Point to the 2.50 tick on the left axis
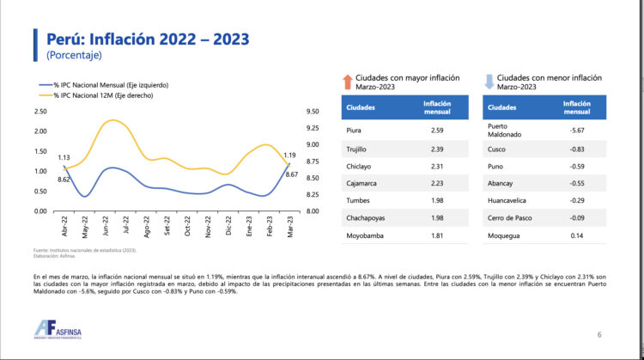(x=41, y=112)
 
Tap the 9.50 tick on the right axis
(x=312, y=112)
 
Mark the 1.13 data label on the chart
(x=64, y=158)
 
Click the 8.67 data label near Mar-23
(x=291, y=175)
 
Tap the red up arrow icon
(x=347, y=82)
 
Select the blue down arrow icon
(x=489, y=82)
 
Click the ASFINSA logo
(x=64, y=330)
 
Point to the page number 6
(x=599, y=333)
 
